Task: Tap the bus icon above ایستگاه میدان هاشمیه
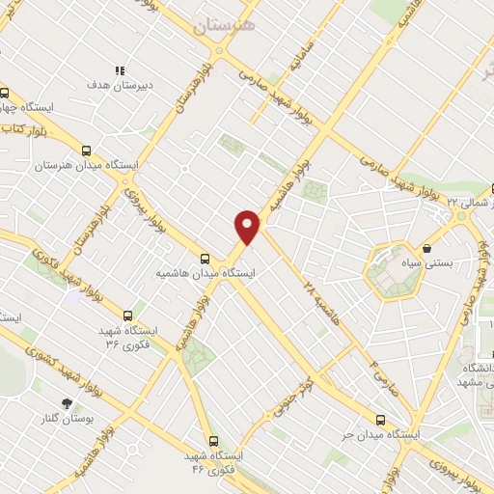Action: point(205,258)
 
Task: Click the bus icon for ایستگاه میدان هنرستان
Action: point(87,151)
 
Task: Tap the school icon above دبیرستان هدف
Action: point(121,70)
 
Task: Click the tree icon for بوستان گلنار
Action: point(66,403)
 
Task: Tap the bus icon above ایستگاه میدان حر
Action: point(380,421)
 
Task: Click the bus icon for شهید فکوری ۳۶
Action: point(128,315)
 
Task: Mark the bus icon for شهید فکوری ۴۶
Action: point(213,440)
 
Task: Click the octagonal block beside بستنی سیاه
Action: point(396,271)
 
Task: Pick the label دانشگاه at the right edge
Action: point(479,369)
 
